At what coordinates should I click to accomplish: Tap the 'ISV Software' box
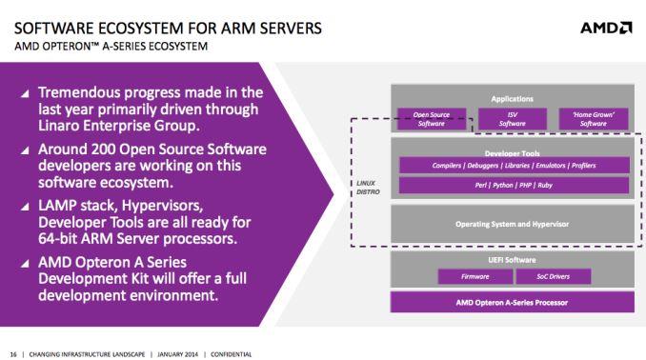pyautogui.click(x=512, y=118)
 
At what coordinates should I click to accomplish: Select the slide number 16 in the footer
pyautogui.click(x=12, y=352)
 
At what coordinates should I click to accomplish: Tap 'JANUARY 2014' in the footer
pyautogui.click(x=177, y=352)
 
